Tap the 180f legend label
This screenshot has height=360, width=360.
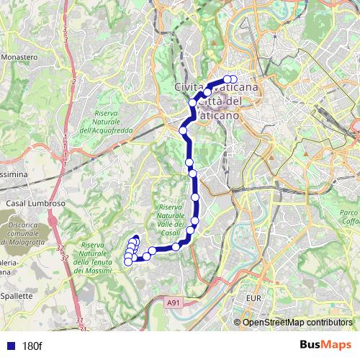click(x=32, y=346)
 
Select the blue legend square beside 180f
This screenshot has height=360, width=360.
click(x=9, y=346)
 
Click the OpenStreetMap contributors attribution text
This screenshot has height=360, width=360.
click(x=297, y=323)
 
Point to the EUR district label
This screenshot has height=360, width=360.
click(x=253, y=297)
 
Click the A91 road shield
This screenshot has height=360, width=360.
click(x=174, y=303)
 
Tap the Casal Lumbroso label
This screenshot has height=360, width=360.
click(x=36, y=204)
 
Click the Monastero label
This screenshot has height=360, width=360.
click(x=19, y=56)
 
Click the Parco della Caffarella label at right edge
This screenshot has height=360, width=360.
click(x=349, y=217)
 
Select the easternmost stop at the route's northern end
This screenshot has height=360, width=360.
click(x=233, y=79)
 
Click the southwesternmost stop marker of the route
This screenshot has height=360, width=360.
click(x=128, y=262)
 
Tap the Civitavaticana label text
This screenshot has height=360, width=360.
click(x=217, y=87)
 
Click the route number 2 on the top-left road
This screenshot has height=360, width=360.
click(x=73, y=81)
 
